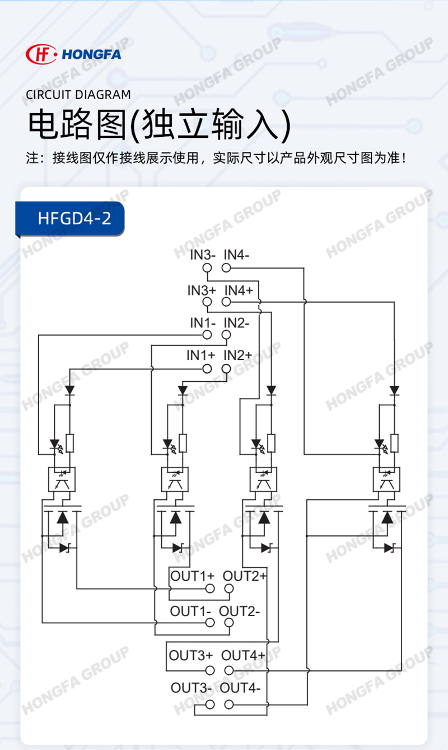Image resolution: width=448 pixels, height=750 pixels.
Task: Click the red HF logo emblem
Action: (41, 54)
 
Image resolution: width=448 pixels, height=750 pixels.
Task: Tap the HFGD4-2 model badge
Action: (70, 219)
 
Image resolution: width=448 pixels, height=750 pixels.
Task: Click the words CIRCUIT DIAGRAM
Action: (78, 95)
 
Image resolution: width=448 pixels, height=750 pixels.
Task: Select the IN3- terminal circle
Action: (207, 268)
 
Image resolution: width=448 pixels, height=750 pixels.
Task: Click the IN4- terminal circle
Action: (226, 268)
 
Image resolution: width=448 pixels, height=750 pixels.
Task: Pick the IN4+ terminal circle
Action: (226, 302)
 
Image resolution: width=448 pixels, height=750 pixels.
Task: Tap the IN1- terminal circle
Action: (207, 335)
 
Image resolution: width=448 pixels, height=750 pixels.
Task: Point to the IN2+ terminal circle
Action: (226, 369)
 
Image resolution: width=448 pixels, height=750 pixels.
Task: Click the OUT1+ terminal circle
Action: (210, 588)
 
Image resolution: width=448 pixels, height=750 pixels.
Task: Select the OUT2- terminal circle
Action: (229, 623)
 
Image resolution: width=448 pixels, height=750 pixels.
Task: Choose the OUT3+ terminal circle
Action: (210, 670)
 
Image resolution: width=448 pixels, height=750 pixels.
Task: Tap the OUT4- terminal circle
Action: (229, 705)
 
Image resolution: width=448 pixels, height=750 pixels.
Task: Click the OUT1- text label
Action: (190, 612)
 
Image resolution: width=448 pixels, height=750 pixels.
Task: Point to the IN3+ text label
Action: (202, 290)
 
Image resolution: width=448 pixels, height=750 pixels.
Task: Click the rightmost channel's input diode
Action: (394, 391)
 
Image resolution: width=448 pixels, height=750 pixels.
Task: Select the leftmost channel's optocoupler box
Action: (62, 479)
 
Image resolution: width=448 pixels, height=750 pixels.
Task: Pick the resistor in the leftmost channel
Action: (70, 443)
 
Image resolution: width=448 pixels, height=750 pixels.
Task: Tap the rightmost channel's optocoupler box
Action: (386, 479)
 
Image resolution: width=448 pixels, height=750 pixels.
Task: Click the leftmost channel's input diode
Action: (70, 391)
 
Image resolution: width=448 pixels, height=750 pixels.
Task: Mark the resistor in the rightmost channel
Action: (394, 443)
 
